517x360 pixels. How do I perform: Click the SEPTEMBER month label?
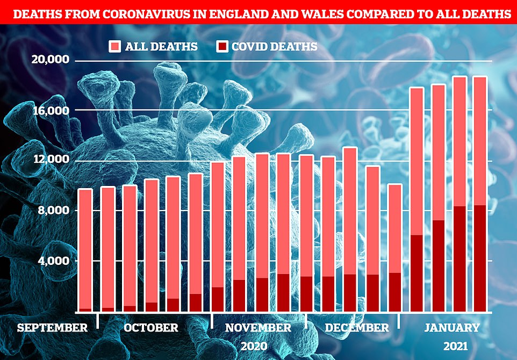coord(52,327)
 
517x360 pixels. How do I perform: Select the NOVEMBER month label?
coord(258,327)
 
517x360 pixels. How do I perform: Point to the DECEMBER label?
coord(356,327)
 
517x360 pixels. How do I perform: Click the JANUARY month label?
coord(452,327)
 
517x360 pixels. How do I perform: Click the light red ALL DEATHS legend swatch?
coord(114,46)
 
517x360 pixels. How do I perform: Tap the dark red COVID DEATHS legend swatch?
coord(221,46)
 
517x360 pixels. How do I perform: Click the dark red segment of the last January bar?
coord(480,258)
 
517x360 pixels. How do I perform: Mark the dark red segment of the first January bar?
coord(417,273)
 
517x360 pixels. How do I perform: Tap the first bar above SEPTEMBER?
coord(85,249)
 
